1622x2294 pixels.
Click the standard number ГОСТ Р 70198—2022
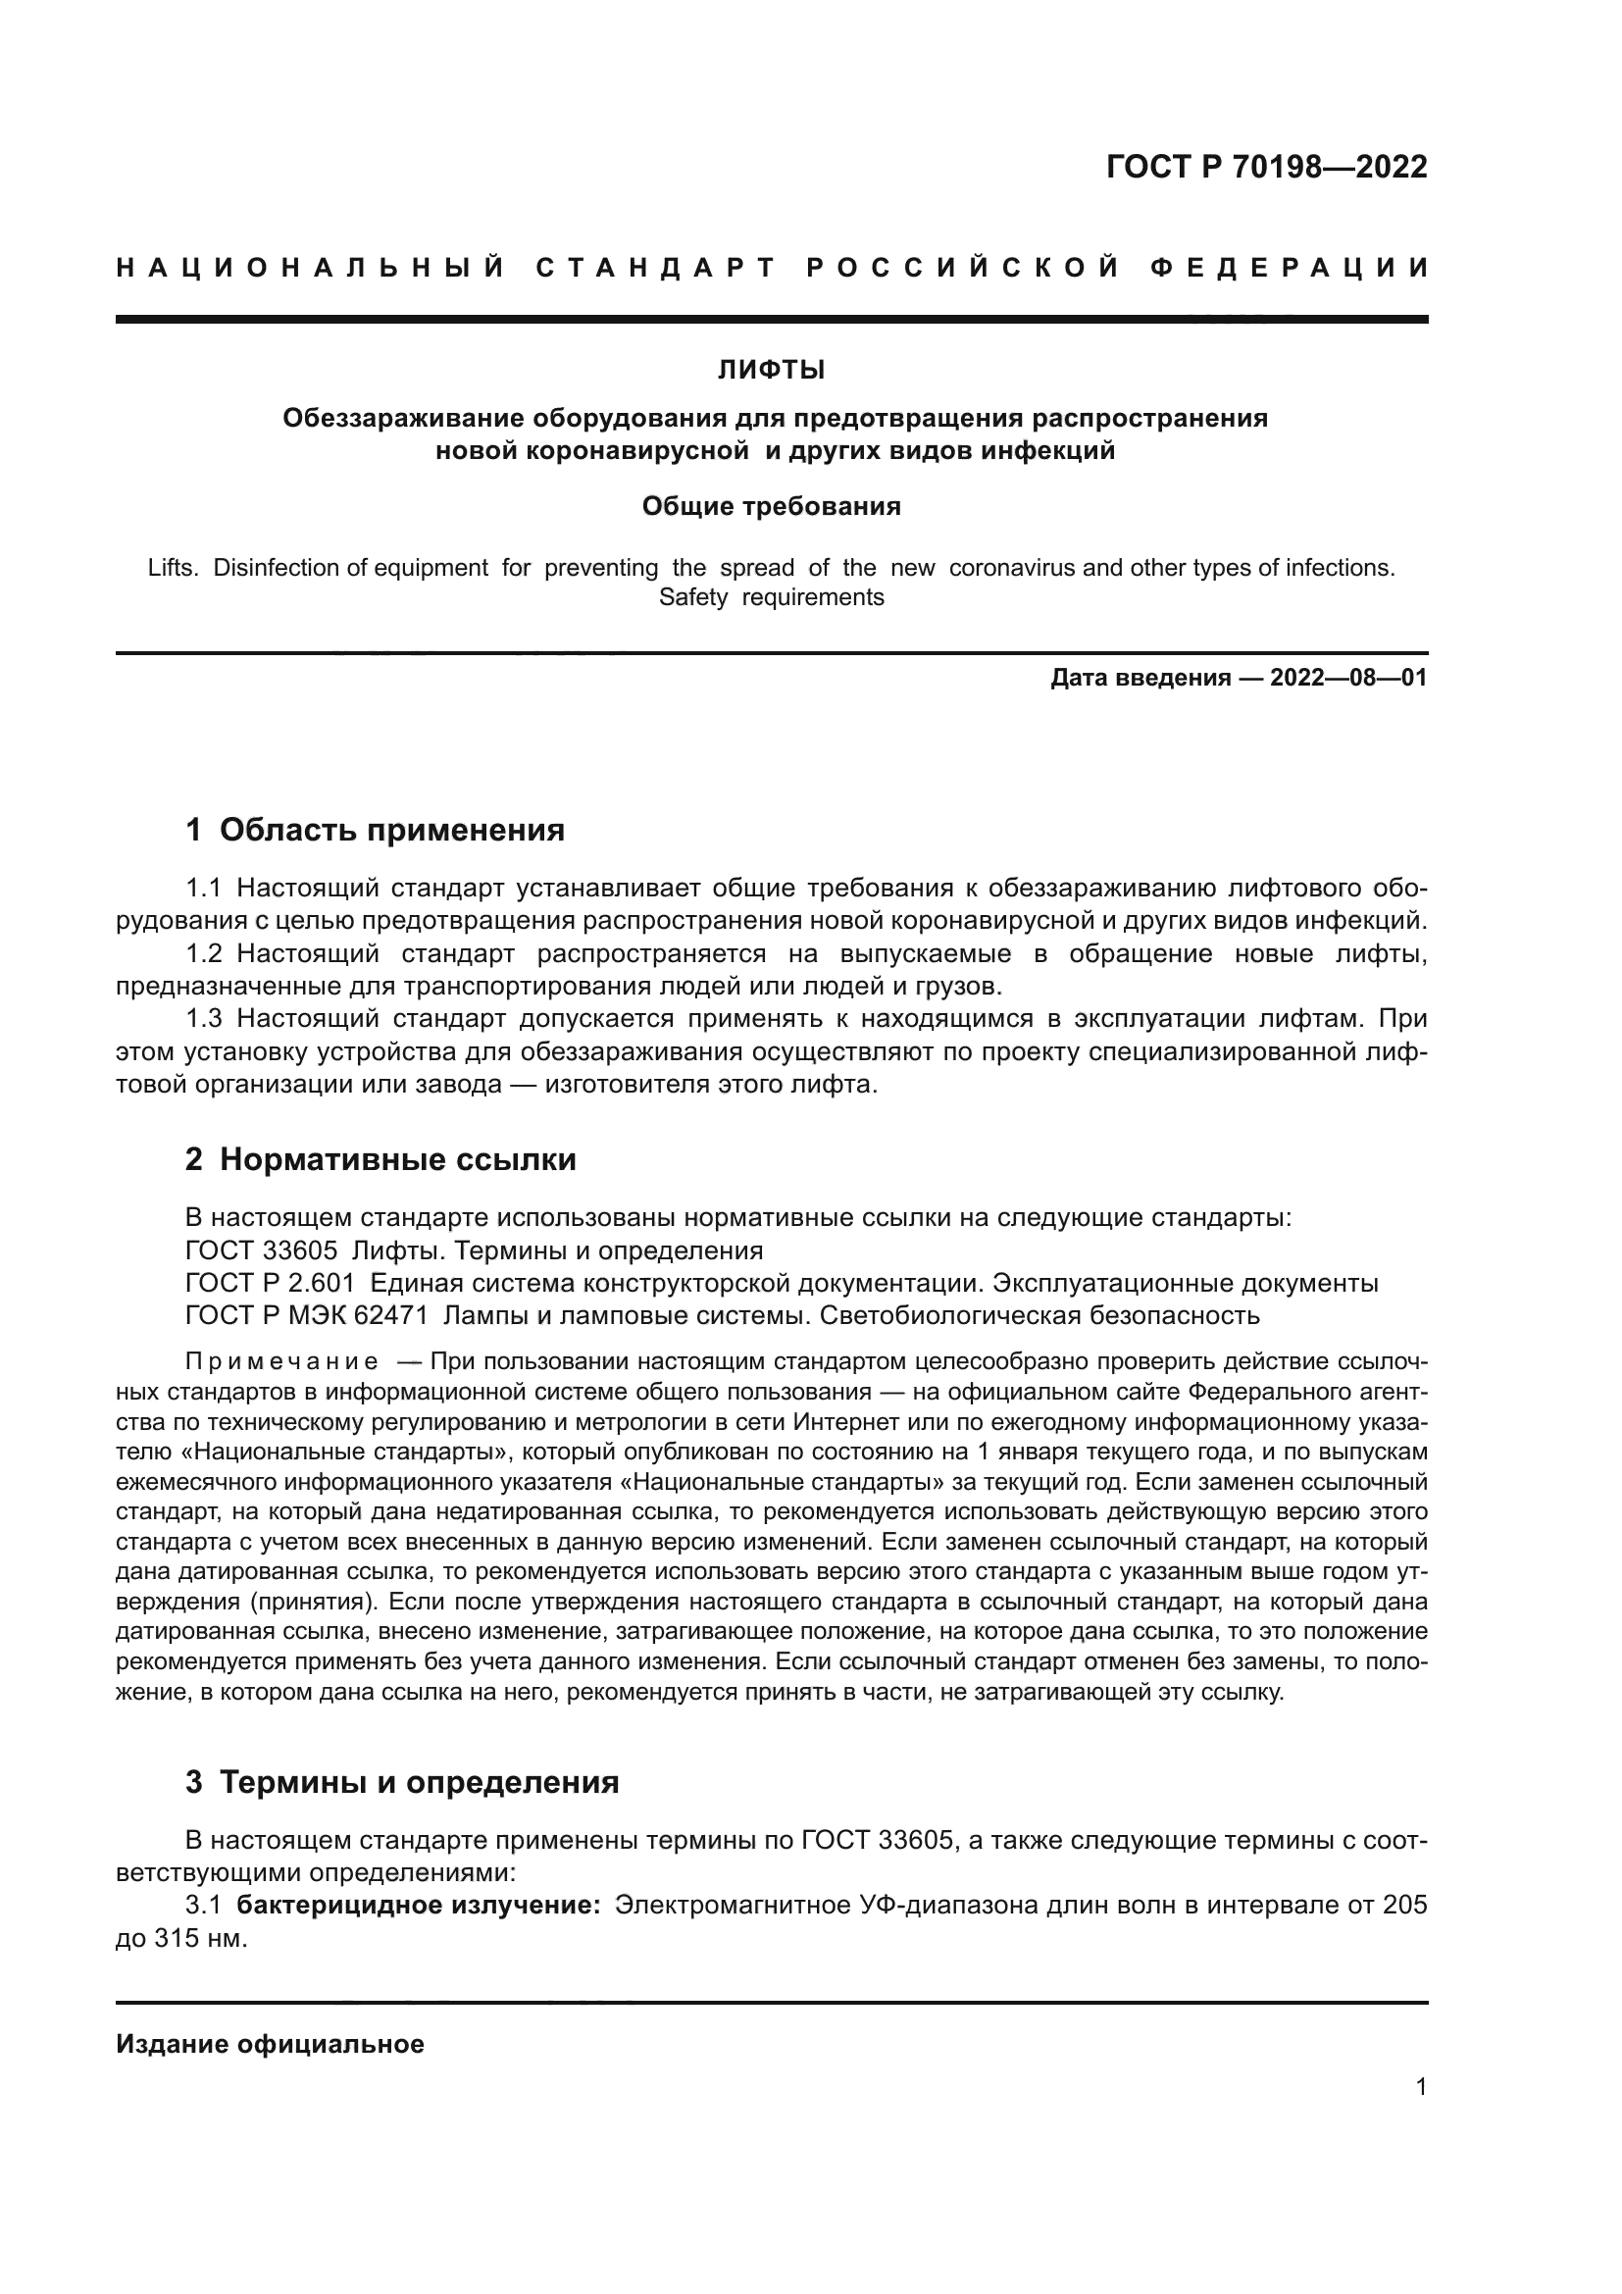tap(1266, 167)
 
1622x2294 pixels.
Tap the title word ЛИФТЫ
tap(771, 371)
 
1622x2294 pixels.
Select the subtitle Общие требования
tap(771, 506)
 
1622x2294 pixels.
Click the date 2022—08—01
tap(1347, 679)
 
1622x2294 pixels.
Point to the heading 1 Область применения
tap(375, 831)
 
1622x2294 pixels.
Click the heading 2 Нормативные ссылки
tap(380, 1160)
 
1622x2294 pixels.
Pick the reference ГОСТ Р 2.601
tap(270, 1284)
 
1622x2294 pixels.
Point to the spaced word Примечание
tap(281, 1363)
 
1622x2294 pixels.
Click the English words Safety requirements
tap(771, 597)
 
